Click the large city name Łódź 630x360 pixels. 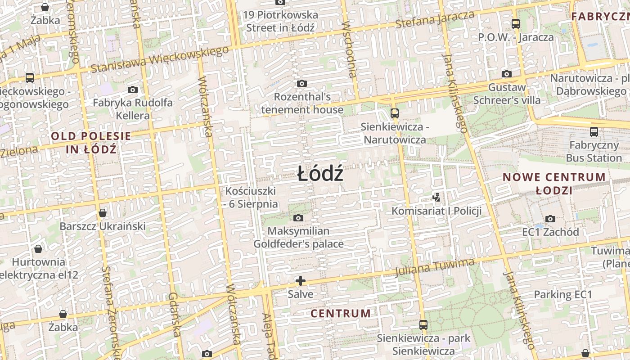coord(320,174)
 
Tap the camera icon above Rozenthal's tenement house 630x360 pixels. coord(301,83)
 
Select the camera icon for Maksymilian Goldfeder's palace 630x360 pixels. coord(298,218)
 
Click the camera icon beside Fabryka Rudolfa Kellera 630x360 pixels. coord(132,90)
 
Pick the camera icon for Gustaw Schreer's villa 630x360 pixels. coord(507,74)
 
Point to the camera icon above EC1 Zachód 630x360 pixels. coord(550,219)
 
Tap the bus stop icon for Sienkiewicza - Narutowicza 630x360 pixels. coord(395,113)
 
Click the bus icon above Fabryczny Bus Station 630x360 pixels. coord(594,132)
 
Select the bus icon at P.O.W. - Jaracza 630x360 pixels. coord(516,24)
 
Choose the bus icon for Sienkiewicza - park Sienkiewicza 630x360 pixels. coord(423,324)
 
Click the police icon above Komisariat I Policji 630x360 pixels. coord(436,197)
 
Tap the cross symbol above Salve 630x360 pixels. coord(301,281)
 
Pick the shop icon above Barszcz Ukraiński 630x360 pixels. coord(103,213)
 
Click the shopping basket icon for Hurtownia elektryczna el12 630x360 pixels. coord(38,248)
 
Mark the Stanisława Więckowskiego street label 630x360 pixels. coord(160,58)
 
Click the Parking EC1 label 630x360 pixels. coord(562,294)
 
